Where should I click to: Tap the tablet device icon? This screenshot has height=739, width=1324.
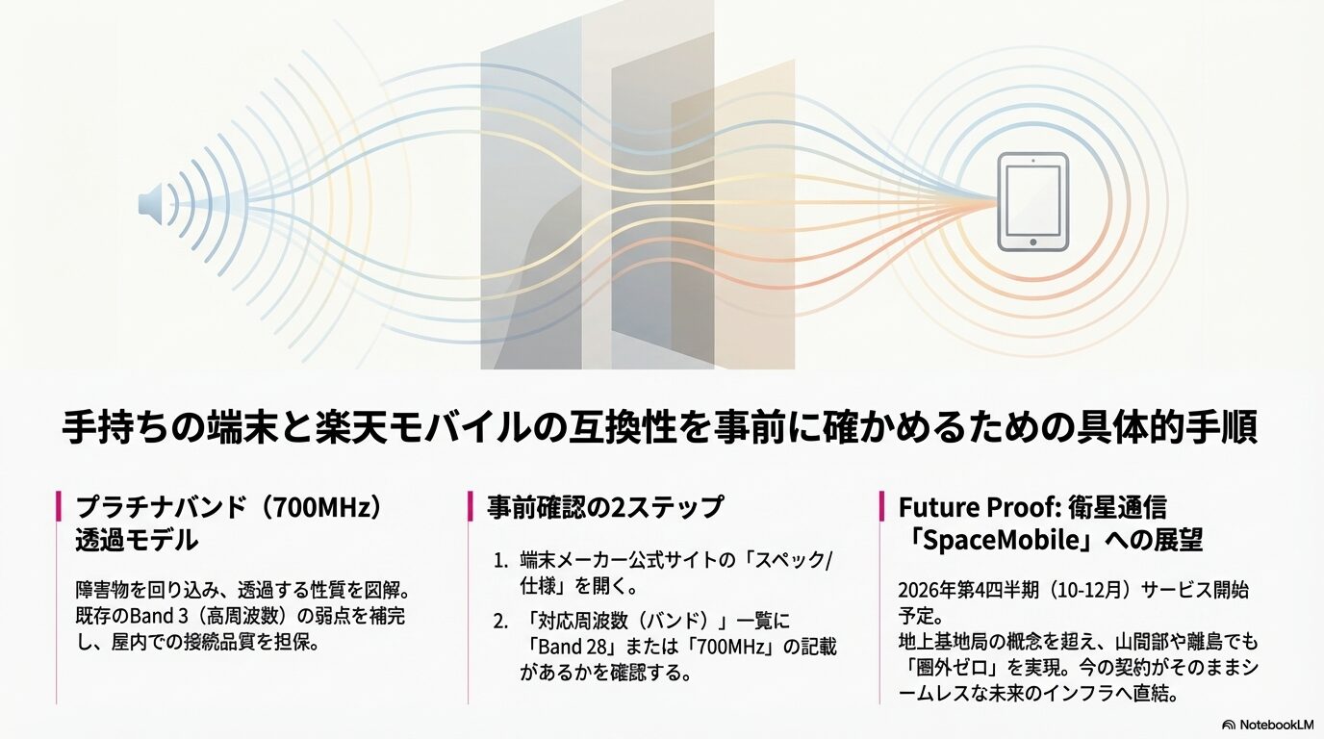pos(1031,202)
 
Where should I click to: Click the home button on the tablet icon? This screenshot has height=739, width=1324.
pos(1031,241)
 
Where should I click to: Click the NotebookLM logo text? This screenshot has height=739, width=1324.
pos(1267,725)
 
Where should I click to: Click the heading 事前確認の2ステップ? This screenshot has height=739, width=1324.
pos(604,507)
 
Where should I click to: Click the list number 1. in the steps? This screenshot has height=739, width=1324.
pos(500,560)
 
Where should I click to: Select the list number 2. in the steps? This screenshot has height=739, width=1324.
pos(500,621)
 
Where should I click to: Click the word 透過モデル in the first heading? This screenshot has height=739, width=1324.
pos(136,540)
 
